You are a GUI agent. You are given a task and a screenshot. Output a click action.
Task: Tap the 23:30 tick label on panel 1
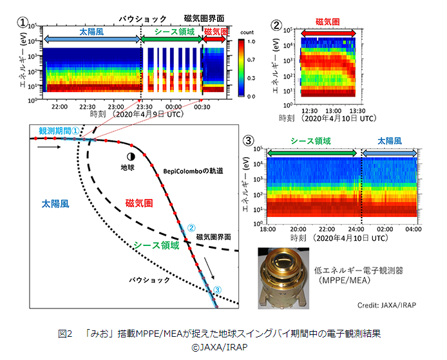(143, 106)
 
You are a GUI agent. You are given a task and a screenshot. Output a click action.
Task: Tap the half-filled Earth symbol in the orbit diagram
(131, 156)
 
